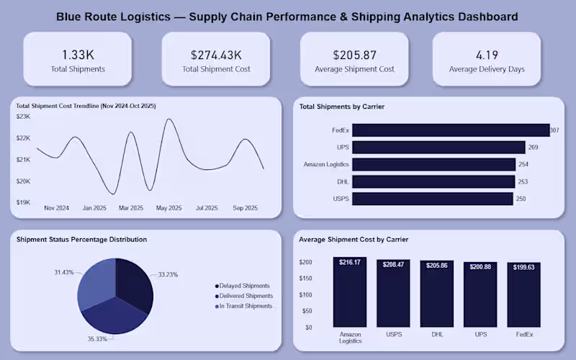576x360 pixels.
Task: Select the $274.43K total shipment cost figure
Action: tap(215, 54)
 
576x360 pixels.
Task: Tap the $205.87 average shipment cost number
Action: tap(354, 54)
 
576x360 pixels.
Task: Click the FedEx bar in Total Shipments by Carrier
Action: tap(451, 130)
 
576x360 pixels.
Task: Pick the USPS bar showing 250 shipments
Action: tap(433, 199)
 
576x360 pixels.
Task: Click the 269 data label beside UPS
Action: tap(534, 148)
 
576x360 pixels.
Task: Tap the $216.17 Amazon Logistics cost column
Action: tap(350, 292)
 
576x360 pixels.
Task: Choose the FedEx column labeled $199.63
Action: tap(523, 294)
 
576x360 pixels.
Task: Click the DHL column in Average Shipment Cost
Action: tap(437, 294)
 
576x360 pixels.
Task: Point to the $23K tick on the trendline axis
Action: tap(23, 117)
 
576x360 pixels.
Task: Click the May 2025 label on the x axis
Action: tap(169, 208)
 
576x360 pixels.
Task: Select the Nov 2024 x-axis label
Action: tap(56, 208)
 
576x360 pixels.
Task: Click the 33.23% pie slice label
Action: tap(167, 274)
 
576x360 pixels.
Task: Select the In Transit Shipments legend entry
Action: tap(244, 306)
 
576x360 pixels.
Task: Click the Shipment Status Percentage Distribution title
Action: tap(81, 239)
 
